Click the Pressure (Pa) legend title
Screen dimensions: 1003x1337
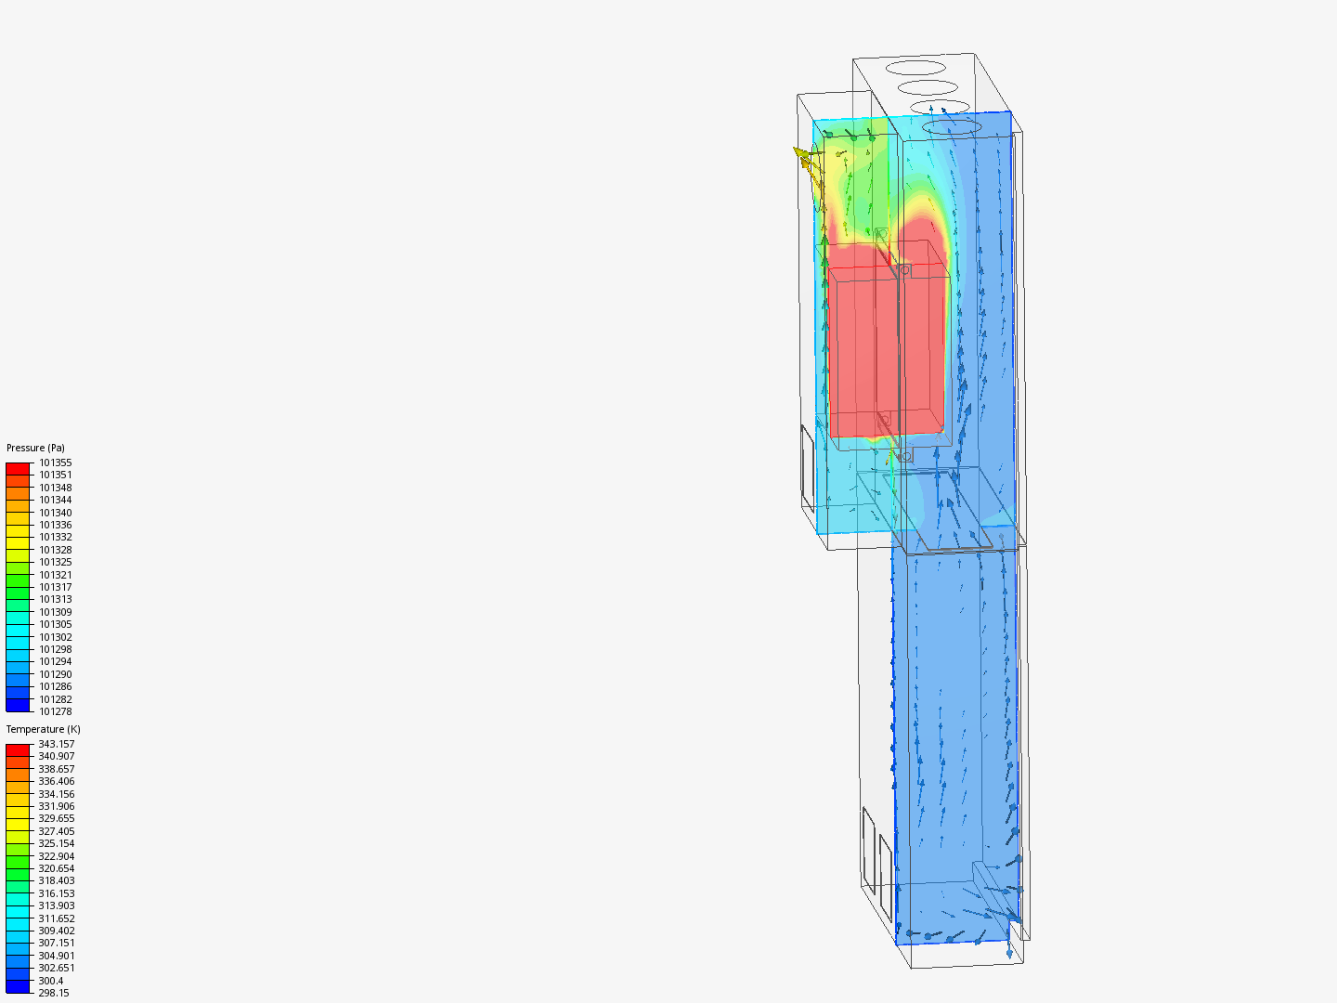click(x=35, y=448)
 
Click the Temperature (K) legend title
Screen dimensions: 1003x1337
click(x=43, y=729)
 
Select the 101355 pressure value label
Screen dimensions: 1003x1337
click(x=55, y=462)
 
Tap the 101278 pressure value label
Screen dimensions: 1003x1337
click(x=55, y=711)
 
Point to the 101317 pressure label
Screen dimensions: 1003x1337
click(x=55, y=587)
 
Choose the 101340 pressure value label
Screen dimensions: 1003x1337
click(x=55, y=513)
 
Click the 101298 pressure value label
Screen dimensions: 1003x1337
click(x=55, y=649)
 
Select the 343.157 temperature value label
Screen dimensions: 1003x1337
click(x=56, y=744)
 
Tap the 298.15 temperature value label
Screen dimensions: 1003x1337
click(x=53, y=993)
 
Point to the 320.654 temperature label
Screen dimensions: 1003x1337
click(x=56, y=868)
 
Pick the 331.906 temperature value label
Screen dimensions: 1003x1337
click(x=56, y=806)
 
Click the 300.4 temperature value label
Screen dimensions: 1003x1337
click(x=50, y=981)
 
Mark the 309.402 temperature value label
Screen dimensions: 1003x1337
click(x=56, y=931)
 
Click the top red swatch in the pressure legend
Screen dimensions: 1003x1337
click(x=18, y=469)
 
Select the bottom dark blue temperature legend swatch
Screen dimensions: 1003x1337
click(x=18, y=986)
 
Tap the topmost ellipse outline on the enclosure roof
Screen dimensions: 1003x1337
click(x=915, y=67)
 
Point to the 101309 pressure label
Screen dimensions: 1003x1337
click(x=55, y=612)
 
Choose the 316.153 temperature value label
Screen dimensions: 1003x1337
click(x=56, y=893)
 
